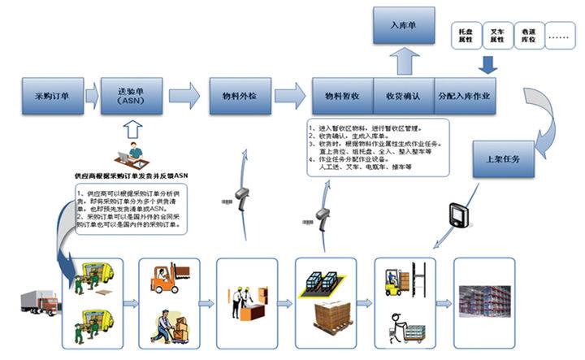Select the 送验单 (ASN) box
click(x=130, y=95)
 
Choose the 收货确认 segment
click(x=402, y=95)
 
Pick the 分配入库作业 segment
click(x=468, y=95)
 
